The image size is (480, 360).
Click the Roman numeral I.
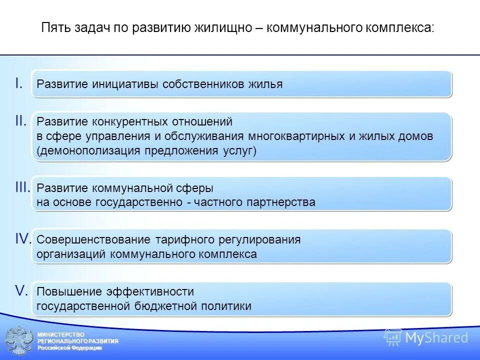pos(19,83)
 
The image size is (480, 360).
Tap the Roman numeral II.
pos(20,120)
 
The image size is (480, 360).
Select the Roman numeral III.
pos(22,187)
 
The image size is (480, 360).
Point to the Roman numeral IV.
pos(23,239)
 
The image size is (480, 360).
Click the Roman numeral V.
pos(20,290)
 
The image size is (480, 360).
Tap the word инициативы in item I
pos(126,84)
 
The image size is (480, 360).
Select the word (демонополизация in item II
pos(88,151)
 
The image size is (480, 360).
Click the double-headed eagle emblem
pos(19,341)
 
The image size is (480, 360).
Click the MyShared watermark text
pos(436,338)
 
